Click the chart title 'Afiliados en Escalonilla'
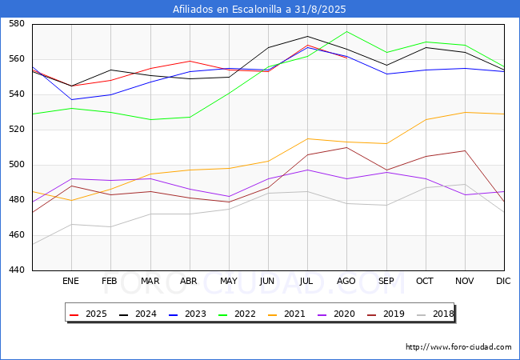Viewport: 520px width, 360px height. (x=260, y=10)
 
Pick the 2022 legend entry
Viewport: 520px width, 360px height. (x=238, y=314)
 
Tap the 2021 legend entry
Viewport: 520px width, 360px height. (x=286, y=314)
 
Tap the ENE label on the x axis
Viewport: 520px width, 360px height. (x=71, y=282)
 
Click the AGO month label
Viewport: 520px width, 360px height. (x=346, y=282)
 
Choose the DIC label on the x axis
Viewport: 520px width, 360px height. (x=503, y=282)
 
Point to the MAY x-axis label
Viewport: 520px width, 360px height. (x=229, y=282)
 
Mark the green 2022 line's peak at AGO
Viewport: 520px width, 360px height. (x=346, y=31)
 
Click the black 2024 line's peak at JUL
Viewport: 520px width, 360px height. (x=307, y=36)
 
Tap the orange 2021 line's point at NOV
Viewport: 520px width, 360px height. (x=464, y=112)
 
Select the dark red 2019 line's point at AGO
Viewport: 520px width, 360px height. (x=346, y=147)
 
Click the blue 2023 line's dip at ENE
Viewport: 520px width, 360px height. (x=71, y=100)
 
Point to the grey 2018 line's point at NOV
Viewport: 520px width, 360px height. (x=464, y=185)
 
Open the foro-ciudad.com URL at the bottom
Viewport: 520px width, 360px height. (x=458, y=347)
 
